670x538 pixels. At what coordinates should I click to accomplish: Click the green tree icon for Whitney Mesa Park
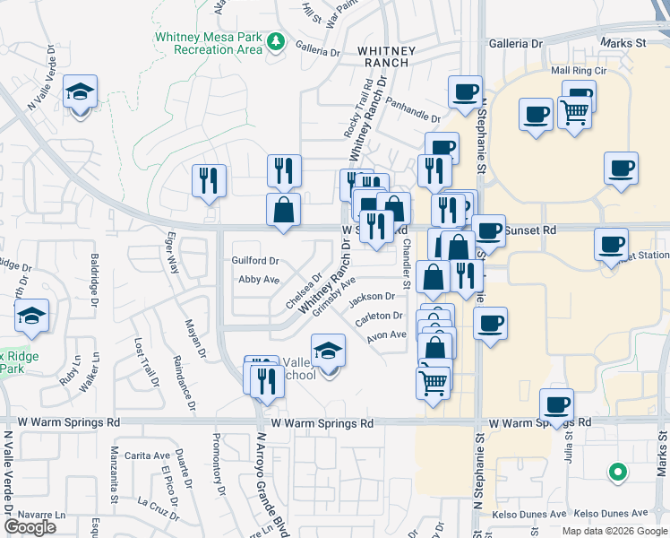coord(278,41)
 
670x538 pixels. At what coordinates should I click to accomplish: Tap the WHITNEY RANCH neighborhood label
coord(383,56)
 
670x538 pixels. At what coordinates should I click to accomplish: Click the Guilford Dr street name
coord(256,260)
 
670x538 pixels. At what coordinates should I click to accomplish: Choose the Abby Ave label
coord(253,280)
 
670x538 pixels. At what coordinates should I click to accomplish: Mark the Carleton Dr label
coord(379,316)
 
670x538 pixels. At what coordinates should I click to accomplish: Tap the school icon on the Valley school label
coord(329,351)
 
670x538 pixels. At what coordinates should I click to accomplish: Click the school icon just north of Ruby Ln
coord(31,316)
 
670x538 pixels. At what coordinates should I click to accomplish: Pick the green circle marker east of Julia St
coord(616,470)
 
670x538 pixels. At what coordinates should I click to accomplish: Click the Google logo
coord(30,527)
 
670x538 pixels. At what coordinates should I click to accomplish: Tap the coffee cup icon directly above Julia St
coord(557,403)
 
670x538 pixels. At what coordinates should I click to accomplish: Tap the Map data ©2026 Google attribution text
coord(614,531)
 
